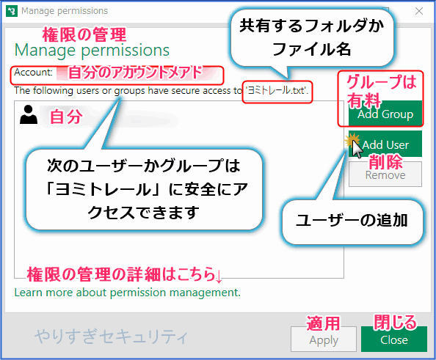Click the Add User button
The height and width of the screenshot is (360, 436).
[385, 144]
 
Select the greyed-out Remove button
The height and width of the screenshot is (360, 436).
[385, 175]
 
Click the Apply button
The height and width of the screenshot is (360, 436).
[324, 339]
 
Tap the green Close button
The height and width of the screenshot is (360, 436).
[394, 339]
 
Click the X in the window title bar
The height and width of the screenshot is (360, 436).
[419, 11]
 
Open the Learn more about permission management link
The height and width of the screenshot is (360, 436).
[128, 293]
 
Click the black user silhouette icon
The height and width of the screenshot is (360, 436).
[29, 114]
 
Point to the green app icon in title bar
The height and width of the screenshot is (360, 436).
[12, 11]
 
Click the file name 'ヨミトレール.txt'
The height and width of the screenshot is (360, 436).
[277, 91]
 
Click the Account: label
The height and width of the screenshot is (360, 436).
[33, 73]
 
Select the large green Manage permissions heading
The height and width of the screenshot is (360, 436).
[92, 51]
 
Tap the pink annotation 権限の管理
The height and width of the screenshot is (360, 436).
[84, 34]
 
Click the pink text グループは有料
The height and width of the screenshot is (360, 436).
[381, 91]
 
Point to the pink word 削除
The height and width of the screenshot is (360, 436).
[385, 161]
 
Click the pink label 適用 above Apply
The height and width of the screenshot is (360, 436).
[323, 323]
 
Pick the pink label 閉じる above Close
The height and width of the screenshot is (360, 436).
[395, 322]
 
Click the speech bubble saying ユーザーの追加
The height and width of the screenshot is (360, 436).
[352, 221]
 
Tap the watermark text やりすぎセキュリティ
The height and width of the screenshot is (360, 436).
[112, 337]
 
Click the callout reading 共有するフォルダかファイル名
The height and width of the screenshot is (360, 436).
[312, 37]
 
